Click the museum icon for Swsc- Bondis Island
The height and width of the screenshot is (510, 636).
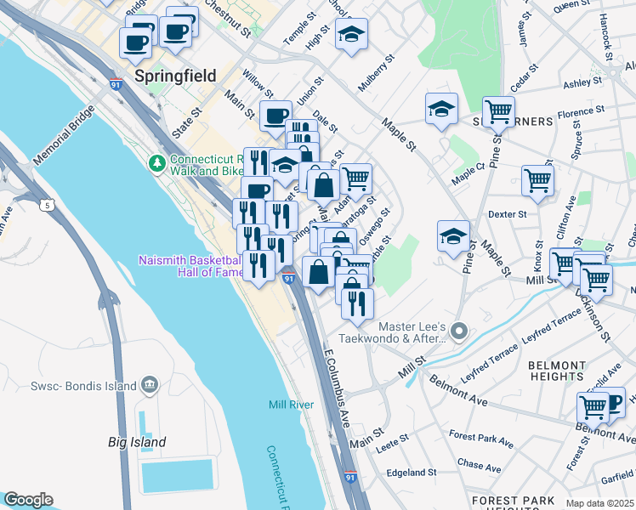point(150,386)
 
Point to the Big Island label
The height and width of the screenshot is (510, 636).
point(137,442)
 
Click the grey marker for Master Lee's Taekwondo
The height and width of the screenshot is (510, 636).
point(460,330)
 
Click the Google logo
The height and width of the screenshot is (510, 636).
point(28,500)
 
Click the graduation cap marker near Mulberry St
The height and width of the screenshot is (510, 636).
point(351,36)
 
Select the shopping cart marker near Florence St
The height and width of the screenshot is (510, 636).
point(498,110)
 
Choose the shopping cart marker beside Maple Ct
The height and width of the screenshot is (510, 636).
point(537,179)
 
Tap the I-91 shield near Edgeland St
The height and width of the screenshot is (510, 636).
point(349,478)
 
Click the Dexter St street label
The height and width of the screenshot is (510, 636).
point(509,214)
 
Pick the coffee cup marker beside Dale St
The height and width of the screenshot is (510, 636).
point(275,116)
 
